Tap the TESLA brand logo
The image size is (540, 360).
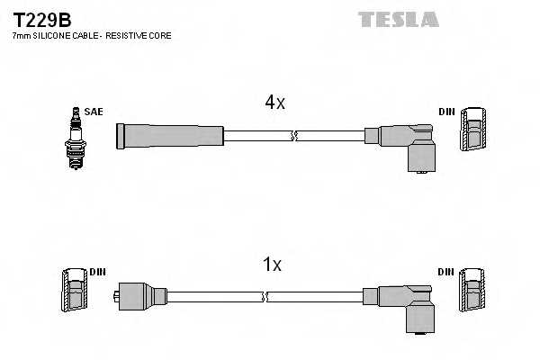[398, 19]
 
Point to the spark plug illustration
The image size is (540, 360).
[76, 137]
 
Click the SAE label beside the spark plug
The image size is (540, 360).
[95, 112]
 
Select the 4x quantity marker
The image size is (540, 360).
[274, 103]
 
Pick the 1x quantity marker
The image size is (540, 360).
[272, 265]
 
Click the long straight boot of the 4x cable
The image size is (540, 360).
[169, 136]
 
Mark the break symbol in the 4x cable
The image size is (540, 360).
[293, 136]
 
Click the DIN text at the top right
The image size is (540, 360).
[446, 112]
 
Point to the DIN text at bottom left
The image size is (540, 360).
[97, 271]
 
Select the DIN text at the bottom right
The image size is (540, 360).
[446, 271]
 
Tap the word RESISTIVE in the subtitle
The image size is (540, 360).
[129, 35]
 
